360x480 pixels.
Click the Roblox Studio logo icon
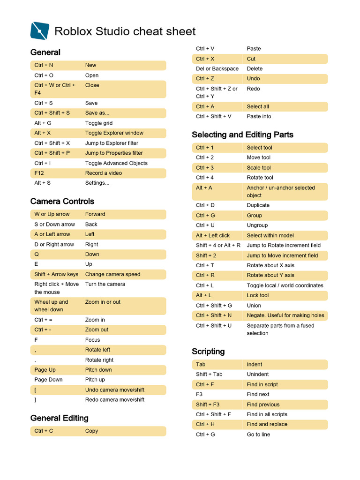click(x=39, y=31)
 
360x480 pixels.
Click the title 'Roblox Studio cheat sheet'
click(x=125, y=31)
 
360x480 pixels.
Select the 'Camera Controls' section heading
click(x=62, y=202)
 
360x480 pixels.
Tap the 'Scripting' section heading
click(x=208, y=352)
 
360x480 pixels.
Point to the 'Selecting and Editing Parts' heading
click(x=242, y=135)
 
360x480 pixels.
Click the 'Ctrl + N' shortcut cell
click(x=44, y=65)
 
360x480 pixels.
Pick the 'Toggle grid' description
click(x=99, y=123)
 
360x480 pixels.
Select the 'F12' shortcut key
click(x=39, y=173)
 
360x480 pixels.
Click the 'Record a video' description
click(x=103, y=173)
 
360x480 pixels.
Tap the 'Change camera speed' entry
click(x=112, y=274)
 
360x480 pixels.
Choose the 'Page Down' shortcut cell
click(x=48, y=380)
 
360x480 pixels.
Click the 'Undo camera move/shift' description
click(x=115, y=390)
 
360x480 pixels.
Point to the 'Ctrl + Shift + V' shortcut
click(x=214, y=117)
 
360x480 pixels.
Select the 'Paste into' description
click(x=259, y=117)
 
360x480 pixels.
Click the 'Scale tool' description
click(x=259, y=168)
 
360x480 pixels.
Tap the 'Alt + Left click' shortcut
click(x=213, y=236)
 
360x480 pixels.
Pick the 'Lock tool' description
click(x=258, y=295)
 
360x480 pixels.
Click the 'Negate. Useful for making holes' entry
click(x=285, y=315)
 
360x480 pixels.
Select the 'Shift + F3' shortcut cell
click(x=208, y=405)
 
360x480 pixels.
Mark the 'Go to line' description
click(x=258, y=435)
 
